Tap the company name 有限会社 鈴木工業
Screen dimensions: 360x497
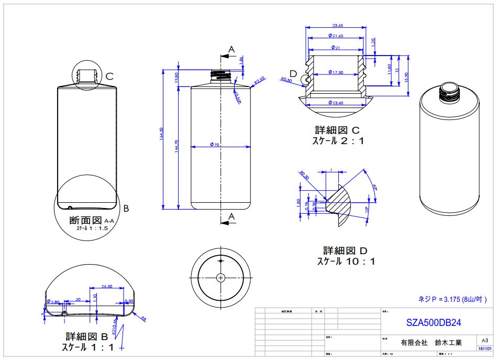(431, 343)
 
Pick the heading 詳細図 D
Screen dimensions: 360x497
(346, 250)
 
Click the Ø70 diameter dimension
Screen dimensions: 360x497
(214, 145)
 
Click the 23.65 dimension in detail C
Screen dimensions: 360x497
(338, 25)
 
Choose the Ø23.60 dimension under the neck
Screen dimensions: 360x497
(335, 103)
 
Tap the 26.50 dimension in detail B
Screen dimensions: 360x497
(107, 286)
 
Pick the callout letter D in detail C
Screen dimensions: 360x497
(293, 73)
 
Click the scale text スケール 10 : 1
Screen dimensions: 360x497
(346, 261)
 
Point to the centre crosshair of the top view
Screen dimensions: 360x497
(220, 277)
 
